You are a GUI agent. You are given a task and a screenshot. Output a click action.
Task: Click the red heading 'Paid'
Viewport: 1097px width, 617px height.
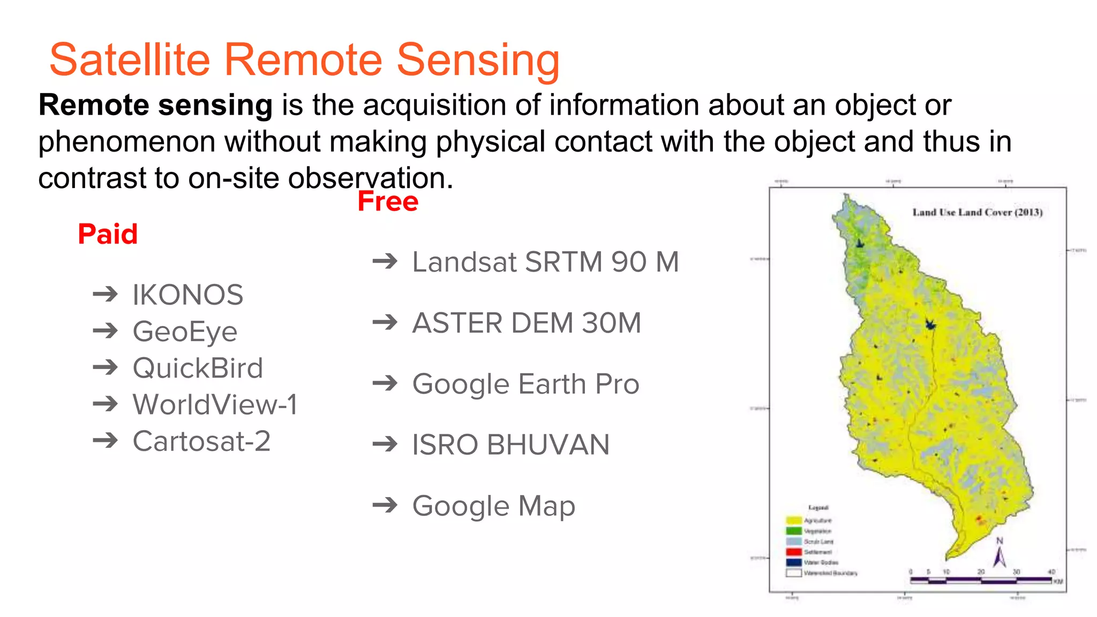coord(108,234)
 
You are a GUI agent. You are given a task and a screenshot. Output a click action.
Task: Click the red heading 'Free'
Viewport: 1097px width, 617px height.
coord(388,201)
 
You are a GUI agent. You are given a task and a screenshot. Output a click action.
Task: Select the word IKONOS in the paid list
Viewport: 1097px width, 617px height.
coord(188,295)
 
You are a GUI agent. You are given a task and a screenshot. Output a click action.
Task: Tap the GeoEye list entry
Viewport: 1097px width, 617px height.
coord(185,332)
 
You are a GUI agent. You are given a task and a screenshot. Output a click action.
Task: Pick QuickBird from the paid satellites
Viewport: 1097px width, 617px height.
coord(198,368)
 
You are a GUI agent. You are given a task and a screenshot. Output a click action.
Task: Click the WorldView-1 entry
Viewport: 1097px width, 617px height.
coord(215,404)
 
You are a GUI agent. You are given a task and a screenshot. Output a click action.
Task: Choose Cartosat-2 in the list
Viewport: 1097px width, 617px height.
coord(201,441)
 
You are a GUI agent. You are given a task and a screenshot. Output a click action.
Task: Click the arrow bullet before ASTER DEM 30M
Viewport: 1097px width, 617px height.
coord(385,322)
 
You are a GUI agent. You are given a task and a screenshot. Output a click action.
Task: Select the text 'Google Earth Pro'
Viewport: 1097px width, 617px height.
coord(525,384)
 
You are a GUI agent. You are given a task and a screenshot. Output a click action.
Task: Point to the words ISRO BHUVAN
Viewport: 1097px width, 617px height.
coord(510,445)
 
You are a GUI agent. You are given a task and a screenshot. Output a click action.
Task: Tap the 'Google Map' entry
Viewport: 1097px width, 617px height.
coord(493,506)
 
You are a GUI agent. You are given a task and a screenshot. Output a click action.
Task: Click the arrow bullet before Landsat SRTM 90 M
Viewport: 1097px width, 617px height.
coord(385,261)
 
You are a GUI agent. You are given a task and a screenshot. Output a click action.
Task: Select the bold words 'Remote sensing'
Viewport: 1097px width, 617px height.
coord(155,105)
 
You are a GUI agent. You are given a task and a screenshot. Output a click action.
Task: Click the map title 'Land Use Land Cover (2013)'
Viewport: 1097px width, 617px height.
coord(977,212)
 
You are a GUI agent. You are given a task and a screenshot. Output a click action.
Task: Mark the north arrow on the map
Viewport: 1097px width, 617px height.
coord(1000,554)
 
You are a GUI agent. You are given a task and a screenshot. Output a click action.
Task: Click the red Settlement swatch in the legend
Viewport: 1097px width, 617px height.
coord(793,552)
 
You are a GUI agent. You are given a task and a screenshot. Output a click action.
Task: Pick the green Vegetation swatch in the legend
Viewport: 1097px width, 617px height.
coord(793,531)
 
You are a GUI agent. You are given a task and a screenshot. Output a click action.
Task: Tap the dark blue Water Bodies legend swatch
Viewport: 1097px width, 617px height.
coord(793,562)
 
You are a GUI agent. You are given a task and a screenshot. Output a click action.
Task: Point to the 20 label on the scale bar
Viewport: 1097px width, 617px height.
coord(981,572)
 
